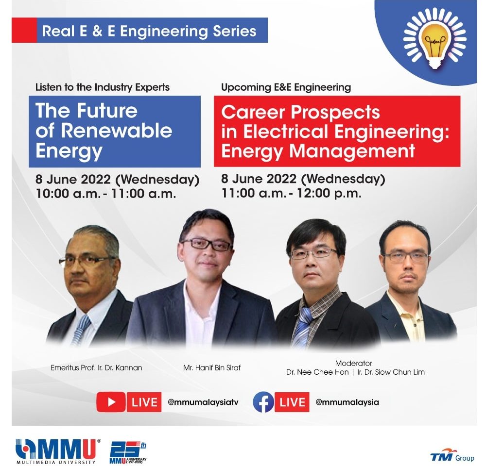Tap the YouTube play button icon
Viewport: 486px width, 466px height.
[111, 402]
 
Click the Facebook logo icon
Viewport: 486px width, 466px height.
[263, 402]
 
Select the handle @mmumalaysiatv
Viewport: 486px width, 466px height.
[203, 402]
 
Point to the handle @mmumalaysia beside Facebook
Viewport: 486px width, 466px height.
[347, 402]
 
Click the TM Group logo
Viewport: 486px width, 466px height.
[452, 455]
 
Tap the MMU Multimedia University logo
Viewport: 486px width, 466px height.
[58, 451]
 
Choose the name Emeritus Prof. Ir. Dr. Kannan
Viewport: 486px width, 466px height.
[96, 368]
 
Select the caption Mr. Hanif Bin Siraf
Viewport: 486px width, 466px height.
[212, 368]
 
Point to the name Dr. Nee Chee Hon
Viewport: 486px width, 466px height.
[317, 372]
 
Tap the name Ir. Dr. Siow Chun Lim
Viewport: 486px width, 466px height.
[391, 372]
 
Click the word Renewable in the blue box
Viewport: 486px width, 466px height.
[116, 131]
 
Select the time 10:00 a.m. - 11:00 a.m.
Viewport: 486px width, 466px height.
[106, 194]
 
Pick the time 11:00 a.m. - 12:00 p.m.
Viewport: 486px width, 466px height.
[291, 193]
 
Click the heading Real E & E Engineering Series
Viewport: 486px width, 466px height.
[149, 31]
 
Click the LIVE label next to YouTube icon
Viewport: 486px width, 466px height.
[144, 402]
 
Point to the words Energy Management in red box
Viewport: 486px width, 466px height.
[318, 151]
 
